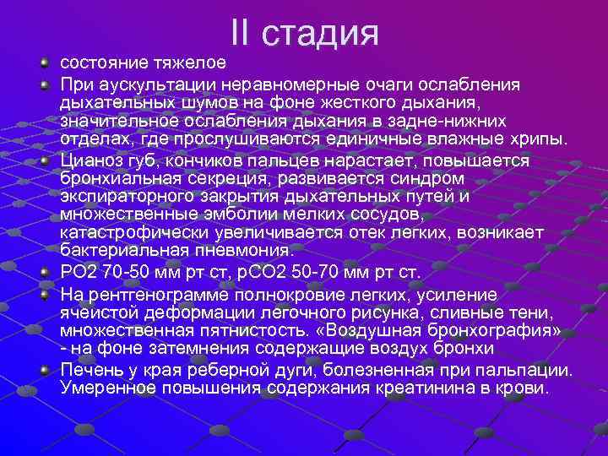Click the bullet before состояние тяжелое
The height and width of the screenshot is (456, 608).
coord(46,63)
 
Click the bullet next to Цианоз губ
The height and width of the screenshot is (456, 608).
coord(46,159)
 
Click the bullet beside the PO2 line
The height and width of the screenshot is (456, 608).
coord(46,271)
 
